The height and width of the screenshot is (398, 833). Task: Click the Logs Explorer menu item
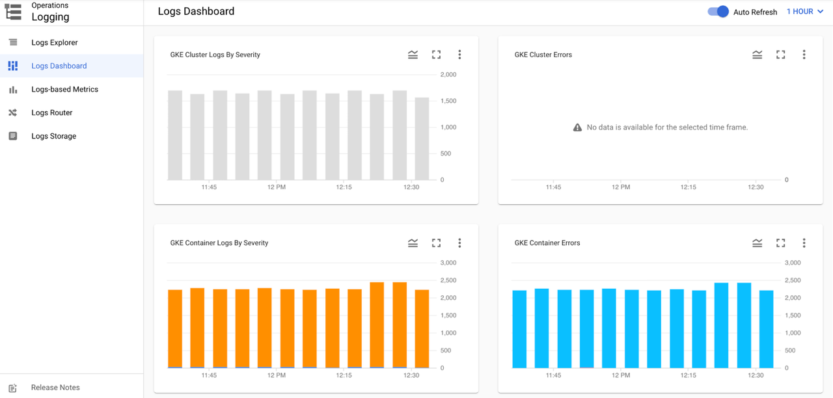click(x=54, y=42)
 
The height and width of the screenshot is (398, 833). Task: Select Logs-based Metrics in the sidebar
click(x=64, y=89)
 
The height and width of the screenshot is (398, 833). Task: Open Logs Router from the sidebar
click(x=51, y=113)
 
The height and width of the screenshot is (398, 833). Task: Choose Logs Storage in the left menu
click(x=53, y=136)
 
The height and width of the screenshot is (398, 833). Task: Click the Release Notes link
click(x=55, y=388)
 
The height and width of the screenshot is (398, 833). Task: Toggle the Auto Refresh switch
click(x=718, y=12)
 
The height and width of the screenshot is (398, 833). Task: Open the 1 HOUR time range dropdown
click(x=804, y=12)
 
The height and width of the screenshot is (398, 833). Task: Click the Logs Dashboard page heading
click(x=196, y=11)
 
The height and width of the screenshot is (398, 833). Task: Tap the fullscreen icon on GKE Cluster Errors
click(x=780, y=55)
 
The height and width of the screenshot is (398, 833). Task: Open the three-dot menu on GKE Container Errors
click(x=804, y=243)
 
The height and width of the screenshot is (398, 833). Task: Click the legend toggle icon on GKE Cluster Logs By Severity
click(x=413, y=55)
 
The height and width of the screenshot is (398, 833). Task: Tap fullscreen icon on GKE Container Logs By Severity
click(x=436, y=243)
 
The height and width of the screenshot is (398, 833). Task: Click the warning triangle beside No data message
click(x=577, y=127)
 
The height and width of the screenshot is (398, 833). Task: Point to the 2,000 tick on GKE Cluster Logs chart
click(x=448, y=75)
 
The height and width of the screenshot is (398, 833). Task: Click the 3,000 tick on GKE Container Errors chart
click(x=792, y=263)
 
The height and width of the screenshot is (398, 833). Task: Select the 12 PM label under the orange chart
click(x=276, y=375)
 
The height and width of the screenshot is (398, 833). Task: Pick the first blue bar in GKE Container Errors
click(x=519, y=329)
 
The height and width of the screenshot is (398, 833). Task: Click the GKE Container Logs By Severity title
click(x=219, y=243)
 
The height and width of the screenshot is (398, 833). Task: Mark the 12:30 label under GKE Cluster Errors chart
click(x=756, y=187)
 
